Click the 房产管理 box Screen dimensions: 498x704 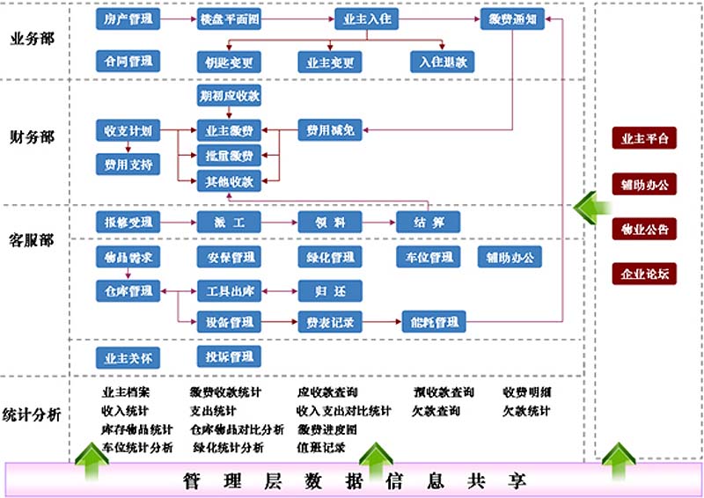click(128, 18)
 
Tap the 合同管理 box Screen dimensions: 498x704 click(128, 61)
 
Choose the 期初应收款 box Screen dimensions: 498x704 click(229, 94)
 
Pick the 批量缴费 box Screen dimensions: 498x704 click(229, 157)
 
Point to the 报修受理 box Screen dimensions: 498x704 click(128, 223)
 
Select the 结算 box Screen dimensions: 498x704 click(428, 223)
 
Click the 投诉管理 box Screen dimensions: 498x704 click(229, 356)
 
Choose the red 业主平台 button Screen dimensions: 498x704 click(644, 139)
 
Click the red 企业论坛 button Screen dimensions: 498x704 click(644, 275)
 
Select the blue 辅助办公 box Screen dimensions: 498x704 click(510, 257)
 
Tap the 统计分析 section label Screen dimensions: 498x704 click(32, 414)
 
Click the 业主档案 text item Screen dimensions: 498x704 click(126, 392)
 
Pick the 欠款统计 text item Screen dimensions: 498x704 click(526, 411)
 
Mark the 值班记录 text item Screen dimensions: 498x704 click(321, 447)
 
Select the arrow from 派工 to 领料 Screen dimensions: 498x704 click(279, 223)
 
